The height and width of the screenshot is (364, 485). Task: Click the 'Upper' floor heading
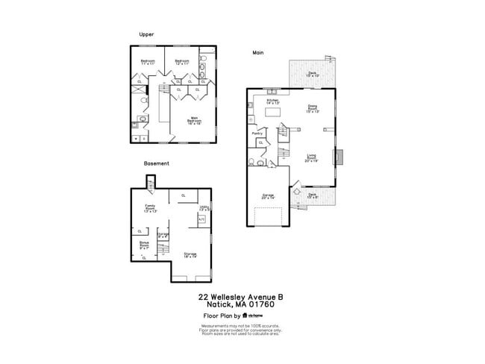tap(146, 34)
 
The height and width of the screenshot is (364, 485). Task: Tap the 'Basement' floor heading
tap(157, 163)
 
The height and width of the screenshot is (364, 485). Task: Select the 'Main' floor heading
tap(258, 52)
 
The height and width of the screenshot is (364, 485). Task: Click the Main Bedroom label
tap(193, 119)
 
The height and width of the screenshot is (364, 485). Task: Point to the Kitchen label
tap(272, 101)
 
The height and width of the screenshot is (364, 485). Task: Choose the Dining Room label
tap(313, 109)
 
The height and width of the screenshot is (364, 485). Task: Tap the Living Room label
tap(311, 157)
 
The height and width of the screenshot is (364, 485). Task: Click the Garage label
tap(267, 196)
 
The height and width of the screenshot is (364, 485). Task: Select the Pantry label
tap(257, 134)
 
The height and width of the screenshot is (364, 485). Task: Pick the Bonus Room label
tap(144, 245)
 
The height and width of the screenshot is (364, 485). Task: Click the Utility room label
tap(203, 208)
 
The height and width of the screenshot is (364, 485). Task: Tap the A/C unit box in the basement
tap(201, 220)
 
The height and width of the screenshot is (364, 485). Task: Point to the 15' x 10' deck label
tap(313, 75)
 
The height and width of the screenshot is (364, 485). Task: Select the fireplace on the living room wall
tap(339, 157)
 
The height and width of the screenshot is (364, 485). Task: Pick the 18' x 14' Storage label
tap(191, 255)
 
